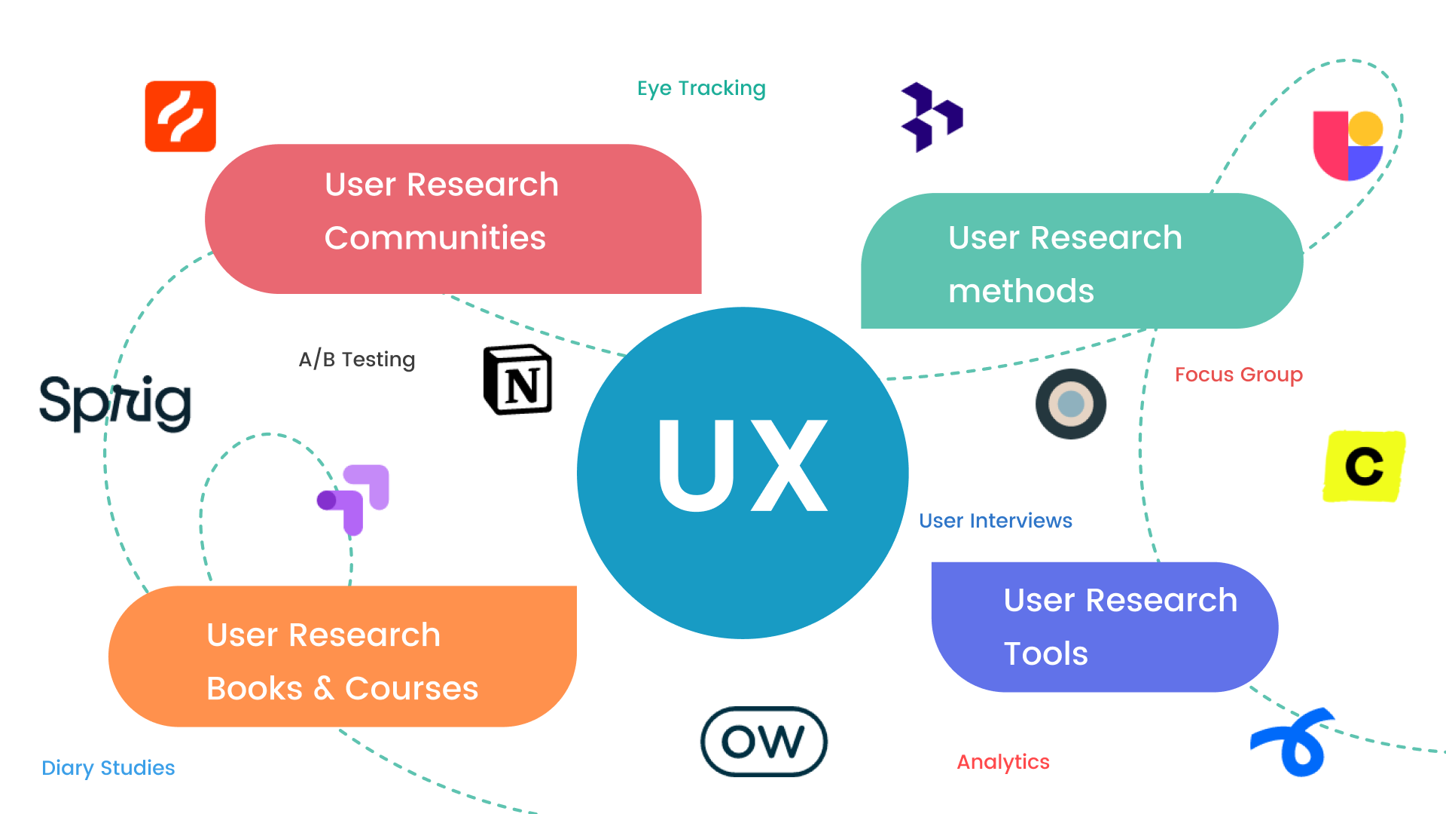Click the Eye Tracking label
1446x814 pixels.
(x=701, y=89)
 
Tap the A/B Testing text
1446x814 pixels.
(x=357, y=360)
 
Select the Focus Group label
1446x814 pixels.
(x=1238, y=375)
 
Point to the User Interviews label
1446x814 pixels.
(x=995, y=521)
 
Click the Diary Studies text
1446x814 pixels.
(x=108, y=768)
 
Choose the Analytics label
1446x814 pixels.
(x=1002, y=762)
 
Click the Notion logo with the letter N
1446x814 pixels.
(x=517, y=380)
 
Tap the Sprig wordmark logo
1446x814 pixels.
(x=115, y=402)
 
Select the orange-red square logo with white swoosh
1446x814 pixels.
(x=181, y=117)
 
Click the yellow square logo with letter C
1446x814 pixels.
(x=1364, y=467)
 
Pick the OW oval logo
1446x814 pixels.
(x=764, y=742)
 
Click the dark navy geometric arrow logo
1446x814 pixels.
(x=932, y=117)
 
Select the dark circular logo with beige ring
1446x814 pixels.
(x=1070, y=404)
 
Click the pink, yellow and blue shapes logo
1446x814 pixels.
(x=1347, y=145)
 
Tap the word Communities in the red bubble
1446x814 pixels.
(x=435, y=238)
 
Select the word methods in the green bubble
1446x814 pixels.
(x=1020, y=292)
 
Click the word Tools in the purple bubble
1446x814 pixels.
(x=1045, y=653)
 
